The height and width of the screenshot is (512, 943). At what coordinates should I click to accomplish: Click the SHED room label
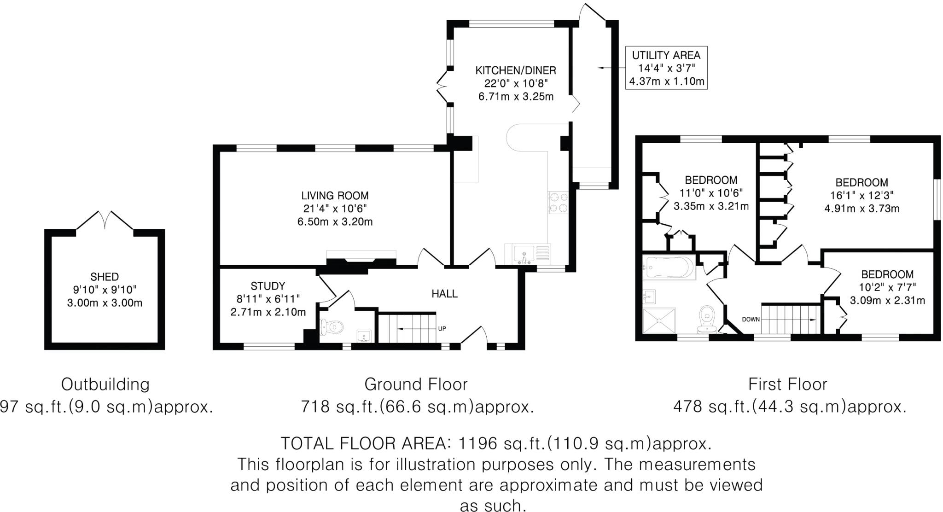point(105,277)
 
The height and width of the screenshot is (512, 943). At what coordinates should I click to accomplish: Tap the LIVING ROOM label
point(335,196)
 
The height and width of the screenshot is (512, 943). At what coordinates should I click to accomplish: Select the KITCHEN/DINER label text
point(516,70)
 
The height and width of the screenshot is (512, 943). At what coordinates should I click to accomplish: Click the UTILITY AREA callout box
point(666,68)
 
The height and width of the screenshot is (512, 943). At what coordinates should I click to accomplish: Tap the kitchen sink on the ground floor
point(524,253)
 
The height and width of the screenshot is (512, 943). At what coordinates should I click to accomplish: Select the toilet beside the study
point(332,327)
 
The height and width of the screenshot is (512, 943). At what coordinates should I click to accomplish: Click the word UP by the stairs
point(442,329)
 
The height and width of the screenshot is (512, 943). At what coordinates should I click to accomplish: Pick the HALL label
point(444,294)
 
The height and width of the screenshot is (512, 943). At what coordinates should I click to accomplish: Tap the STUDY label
point(268,286)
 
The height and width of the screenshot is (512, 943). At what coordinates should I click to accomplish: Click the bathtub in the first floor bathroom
point(669,267)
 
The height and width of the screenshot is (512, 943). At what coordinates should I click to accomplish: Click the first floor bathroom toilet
point(706,319)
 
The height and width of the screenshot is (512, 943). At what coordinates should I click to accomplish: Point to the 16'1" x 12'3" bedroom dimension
point(862,195)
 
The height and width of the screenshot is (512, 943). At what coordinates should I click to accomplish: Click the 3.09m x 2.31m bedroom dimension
point(887,301)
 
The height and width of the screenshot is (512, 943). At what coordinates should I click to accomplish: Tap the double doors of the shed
point(105,221)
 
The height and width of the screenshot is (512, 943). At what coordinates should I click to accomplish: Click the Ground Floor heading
point(416,384)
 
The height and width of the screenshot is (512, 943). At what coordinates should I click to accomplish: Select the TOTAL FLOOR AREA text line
point(496,443)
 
